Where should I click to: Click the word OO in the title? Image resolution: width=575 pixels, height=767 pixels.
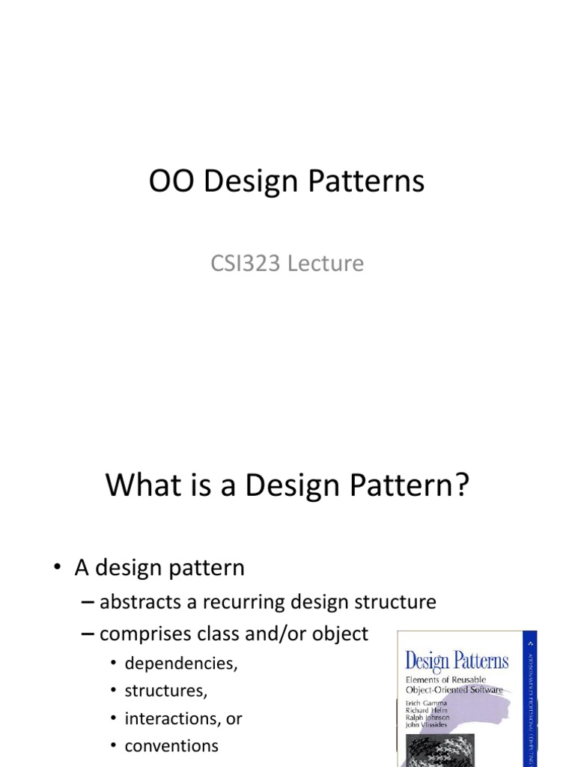pyautogui.click(x=171, y=183)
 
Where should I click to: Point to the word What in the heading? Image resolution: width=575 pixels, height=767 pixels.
pyautogui.click(x=142, y=485)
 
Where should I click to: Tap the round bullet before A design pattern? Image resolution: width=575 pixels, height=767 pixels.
pyautogui.click(x=58, y=569)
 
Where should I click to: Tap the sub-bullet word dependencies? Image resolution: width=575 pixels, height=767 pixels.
pyautogui.click(x=181, y=663)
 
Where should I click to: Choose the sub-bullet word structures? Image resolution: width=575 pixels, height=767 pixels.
pyautogui.click(x=166, y=691)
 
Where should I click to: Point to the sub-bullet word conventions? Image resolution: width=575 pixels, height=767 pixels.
pyautogui.click(x=171, y=746)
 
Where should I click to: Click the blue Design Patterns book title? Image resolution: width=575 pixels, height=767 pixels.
pyautogui.click(x=456, y=661)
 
